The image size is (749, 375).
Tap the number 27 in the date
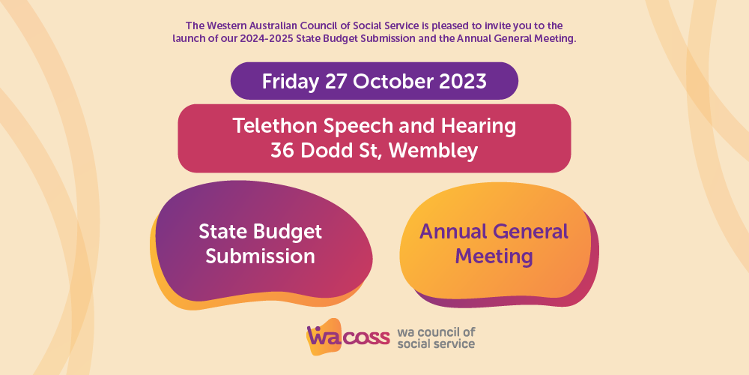click(337, 82)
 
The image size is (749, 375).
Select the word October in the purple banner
click(394, 82)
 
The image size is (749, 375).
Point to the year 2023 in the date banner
click(463, 82)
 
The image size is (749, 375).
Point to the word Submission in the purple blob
click(261, 256)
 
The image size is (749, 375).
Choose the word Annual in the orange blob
click(453, 232)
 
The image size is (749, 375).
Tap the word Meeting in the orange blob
click(494, 256)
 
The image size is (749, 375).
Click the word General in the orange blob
click(531, 232)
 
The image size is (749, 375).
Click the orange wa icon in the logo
click(325, 337)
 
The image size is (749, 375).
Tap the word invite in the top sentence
click(505, 25)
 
